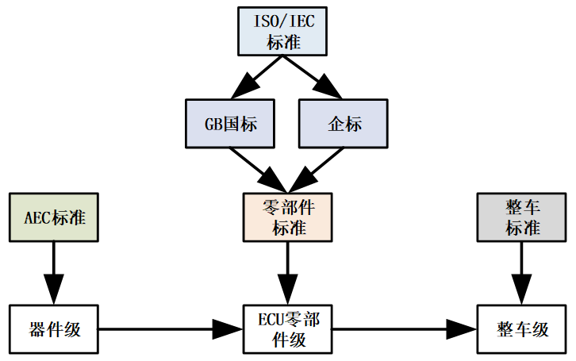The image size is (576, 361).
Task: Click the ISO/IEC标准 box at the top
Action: click(x=284, y=32)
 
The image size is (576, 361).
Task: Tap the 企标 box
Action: click(x=344, y=125)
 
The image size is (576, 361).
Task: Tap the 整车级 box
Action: click(x=523, y=328)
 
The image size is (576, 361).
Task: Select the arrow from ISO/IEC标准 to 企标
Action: click(x=318, y=79)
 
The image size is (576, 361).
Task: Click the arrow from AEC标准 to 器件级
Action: click(x=53, y=271)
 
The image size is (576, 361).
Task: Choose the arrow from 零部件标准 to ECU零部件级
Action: click(x=286, y=271)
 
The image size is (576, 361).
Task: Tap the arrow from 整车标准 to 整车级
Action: click(x=523, y=271)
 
